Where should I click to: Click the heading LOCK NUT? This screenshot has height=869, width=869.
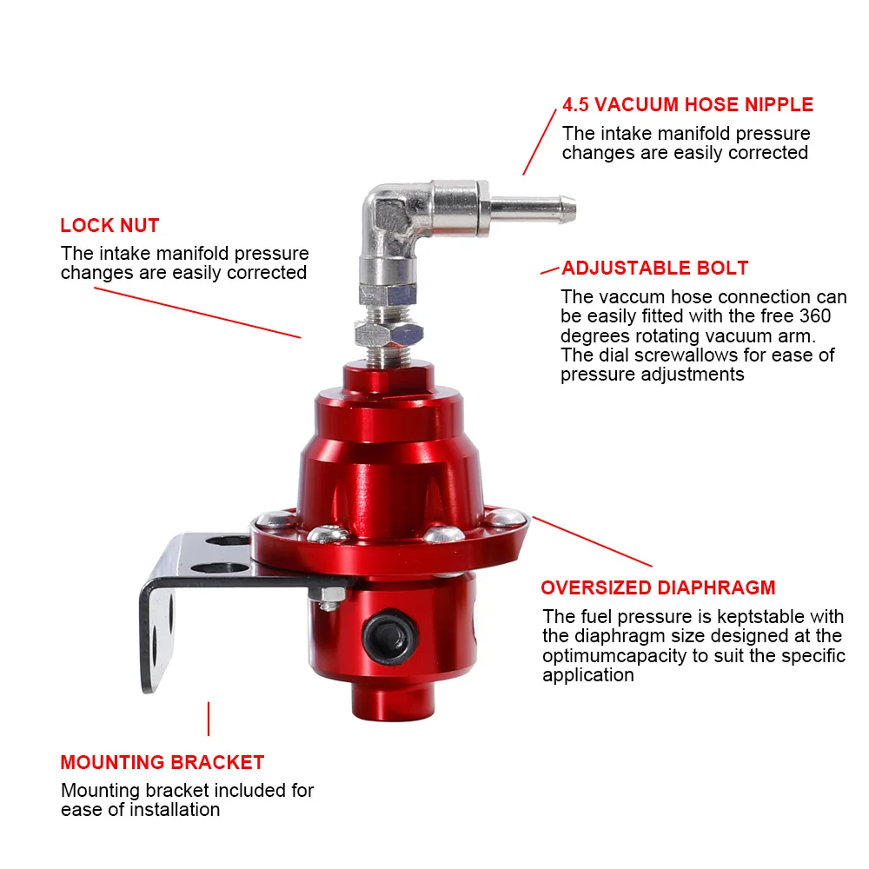pos(109,226)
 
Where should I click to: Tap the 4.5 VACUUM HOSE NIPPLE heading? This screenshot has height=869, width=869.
pos(687,105)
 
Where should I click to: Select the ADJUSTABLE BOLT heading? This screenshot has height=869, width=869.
pos(655,269)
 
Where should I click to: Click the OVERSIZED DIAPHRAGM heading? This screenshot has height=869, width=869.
pos(658,587)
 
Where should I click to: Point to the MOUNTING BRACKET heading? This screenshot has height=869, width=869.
pos(162,762)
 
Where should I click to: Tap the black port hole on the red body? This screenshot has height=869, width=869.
pos(389,637)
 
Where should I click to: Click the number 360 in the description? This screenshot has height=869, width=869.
pos(815,316)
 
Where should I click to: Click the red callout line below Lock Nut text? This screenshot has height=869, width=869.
pos(197,313)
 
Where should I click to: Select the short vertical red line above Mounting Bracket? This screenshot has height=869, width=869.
pos(209,719)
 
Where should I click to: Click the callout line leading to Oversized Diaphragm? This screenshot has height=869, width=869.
pos(593,541)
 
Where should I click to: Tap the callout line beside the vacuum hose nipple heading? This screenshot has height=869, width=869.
pos(540,142)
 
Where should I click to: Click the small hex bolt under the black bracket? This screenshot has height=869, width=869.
pos(328,598)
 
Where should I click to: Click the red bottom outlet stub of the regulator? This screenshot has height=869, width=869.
pos(393,701)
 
